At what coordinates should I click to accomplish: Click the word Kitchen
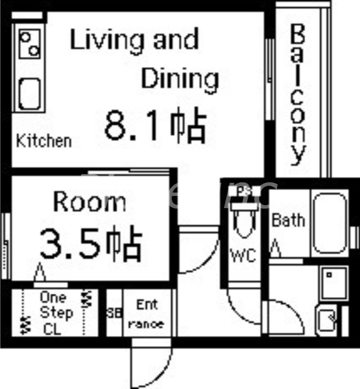(x=44, y=141)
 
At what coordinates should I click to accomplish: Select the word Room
(x=90, y=201)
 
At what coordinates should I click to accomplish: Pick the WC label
(x=243, y=255)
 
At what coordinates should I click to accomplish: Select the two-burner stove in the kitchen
(x=30, y=43)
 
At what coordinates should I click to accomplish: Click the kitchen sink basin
(x=30, y=94)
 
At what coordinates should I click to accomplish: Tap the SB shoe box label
(x=114, y=313)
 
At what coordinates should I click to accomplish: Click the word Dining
(x=180, y=78)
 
